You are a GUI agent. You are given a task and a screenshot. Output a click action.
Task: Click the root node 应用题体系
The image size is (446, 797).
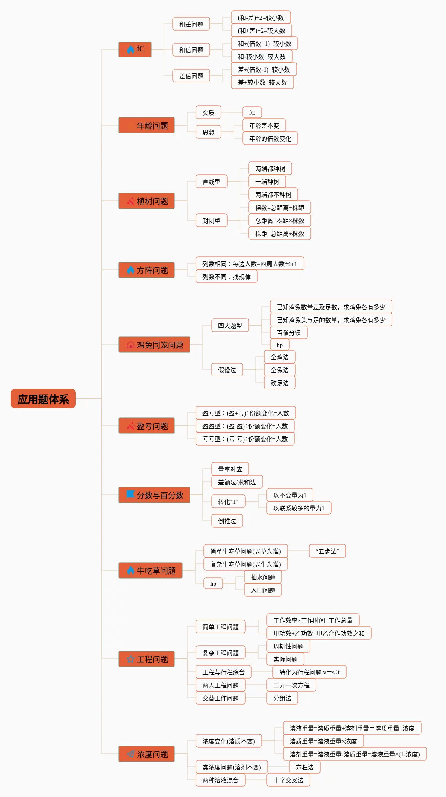(x=43, y=398)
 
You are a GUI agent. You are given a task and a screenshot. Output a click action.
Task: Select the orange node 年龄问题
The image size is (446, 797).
(x=147, y=125)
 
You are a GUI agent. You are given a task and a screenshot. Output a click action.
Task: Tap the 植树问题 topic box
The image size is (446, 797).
(x=147, y=201)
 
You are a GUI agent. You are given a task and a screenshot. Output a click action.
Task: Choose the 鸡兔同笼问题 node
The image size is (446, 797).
(x=155, y=345)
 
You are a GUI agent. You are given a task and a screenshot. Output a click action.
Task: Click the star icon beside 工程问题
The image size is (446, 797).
(x=130, y=659)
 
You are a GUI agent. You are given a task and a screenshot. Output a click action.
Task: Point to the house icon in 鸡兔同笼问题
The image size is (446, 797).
(x=130, y=345)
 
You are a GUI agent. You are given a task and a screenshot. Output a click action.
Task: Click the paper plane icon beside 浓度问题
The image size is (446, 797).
(x=130, y=754)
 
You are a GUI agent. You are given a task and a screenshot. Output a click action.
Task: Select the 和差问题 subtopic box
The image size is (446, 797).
(x=191, y=24)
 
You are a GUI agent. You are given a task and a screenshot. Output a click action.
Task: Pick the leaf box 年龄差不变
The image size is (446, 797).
(x=264, y=125)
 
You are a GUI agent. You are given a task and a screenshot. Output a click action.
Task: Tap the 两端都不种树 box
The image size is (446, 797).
(x=273, y=194)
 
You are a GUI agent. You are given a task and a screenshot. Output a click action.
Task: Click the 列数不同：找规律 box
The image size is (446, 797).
(x=227, y=276)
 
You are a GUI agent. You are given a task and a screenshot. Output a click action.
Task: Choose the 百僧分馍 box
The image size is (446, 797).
(x=289, y=332)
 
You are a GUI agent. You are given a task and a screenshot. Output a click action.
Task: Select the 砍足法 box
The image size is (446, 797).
(x=280, y=383)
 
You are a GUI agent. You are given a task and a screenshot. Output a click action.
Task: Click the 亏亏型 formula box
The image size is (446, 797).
(x=245, y=439)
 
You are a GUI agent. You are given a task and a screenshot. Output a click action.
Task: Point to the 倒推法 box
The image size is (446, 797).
(x=227, y=521)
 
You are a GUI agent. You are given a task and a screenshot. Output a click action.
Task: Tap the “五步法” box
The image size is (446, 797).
(x=327, y=551)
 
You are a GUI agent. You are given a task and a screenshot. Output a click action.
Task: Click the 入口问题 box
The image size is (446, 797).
(x=263, y=590)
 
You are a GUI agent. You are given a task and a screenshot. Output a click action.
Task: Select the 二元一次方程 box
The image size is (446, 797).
(x=291, y=685)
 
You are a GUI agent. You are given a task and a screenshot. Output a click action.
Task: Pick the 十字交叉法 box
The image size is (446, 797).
(x=288, y=780)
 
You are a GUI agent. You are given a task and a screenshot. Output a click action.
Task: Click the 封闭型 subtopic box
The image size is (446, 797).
(x=212, y=220)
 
